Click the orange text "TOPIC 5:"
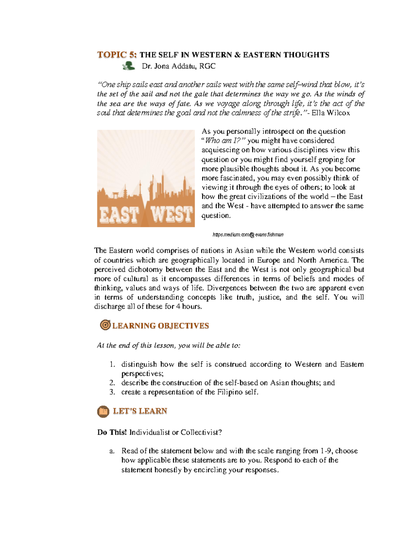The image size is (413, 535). pyautogui.click(x=117, y=55)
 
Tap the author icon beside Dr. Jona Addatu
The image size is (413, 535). pyautogui.click(x=129, y=66)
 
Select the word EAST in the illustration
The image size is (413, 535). pyautogui.click(x=119, y=215)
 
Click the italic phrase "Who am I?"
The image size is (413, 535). pyautogui.click(x=225, y=141)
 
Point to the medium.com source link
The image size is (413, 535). pyautogui.click(x=248, y=235)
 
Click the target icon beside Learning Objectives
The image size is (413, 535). pyautogui.click(x=105, y=325)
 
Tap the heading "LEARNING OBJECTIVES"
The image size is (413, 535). pyautogui.click(x=160, y=326)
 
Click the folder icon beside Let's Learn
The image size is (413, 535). pyautogui.click(x=103, y=411)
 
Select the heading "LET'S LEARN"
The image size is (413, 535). pyautogui.click(x=140, y=411)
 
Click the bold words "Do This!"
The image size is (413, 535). pyautogui.click(x=112, y=432)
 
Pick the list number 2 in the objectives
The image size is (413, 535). pyautogui.click(x=112, y=383)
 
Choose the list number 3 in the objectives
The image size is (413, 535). pyautogui.click(x=112, y=392)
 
